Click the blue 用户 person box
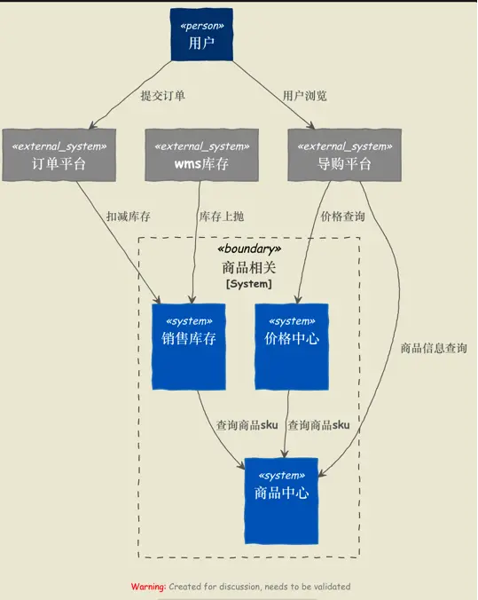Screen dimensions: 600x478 [202, 36]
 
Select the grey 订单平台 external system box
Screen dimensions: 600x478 [59, 155]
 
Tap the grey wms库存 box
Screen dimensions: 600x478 [198, 155]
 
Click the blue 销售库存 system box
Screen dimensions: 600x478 [189, 346]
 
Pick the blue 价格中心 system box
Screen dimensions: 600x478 [292, 346]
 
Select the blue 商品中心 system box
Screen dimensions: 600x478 [281, 501]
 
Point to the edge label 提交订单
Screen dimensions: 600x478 [162, 96]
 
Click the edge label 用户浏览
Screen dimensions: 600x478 [305, 96]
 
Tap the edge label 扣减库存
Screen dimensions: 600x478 [128, 216]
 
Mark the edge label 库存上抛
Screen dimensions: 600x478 [221, 216]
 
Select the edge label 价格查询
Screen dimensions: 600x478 [341, 216]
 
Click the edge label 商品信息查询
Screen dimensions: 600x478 [434, 349]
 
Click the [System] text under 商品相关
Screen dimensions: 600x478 [248, 284]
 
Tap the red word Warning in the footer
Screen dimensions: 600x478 [148, 587]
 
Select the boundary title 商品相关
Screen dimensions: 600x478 [248, 267]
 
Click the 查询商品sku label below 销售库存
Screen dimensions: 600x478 [247, 425]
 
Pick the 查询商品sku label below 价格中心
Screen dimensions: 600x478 [319, 425]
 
